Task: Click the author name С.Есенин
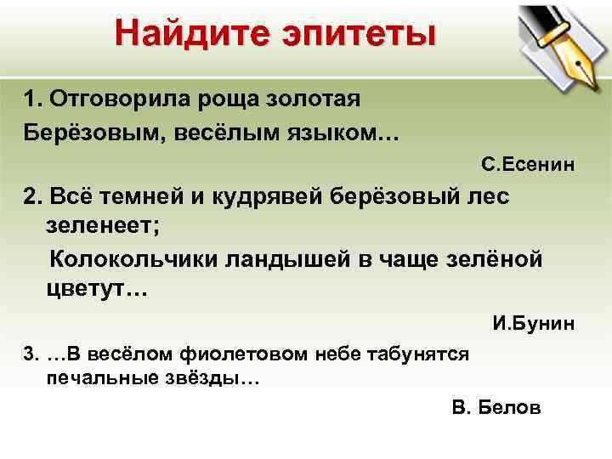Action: (528, 163)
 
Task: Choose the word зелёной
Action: (493, 259)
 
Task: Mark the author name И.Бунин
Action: (534, 324)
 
